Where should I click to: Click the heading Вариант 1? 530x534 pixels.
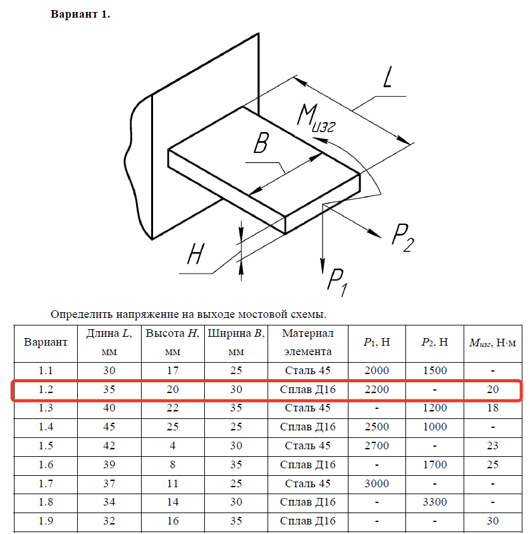coord(80,15)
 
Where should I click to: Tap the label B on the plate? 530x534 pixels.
coord(260,145)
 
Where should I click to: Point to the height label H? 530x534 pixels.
coord(195,255)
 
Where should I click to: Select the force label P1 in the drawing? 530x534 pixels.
coord(336,279)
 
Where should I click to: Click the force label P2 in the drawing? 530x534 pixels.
coord(403,238)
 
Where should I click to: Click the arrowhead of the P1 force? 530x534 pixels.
coord(323,260)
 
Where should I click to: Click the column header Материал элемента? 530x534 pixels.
coord(307,343)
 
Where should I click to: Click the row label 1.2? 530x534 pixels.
coord(46,389)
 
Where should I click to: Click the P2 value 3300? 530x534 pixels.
coord(434,502)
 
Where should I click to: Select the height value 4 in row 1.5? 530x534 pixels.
coord(173,446)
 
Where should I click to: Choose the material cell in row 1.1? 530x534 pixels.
coord(307,370)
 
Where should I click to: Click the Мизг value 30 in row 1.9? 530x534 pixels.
coord(492,521)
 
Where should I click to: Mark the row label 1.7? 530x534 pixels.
coord(46,483)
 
